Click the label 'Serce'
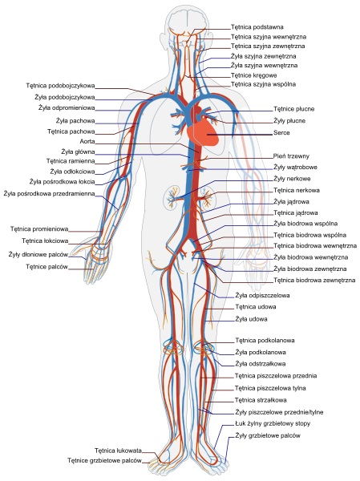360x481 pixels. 281,133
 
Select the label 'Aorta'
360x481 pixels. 87,141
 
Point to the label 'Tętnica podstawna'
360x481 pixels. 257,27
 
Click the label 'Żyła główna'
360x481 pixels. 78,152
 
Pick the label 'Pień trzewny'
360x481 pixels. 291,156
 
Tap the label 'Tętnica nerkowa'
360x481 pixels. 297,190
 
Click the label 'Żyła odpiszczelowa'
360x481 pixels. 262,295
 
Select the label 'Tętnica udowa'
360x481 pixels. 256,307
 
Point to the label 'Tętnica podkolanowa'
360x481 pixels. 265,340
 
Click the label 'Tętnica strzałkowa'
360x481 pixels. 261,400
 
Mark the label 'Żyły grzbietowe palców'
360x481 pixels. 268,435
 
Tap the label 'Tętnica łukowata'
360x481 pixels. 118,451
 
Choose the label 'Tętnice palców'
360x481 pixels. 47,267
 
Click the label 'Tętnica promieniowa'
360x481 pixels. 39,228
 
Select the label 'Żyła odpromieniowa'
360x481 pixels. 67,108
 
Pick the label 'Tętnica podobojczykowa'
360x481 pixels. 60,86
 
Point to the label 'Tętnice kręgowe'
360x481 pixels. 254,75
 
